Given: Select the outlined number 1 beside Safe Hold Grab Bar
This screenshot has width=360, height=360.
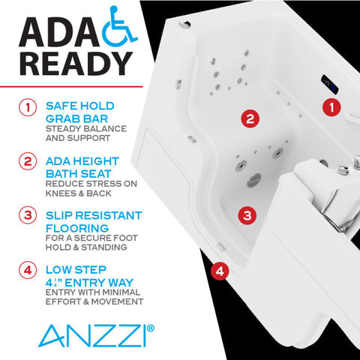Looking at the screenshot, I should pos(28,107).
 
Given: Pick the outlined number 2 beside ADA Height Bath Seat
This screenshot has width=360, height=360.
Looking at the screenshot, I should pos(28,161).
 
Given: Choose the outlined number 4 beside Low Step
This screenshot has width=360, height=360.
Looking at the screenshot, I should pos(28,269).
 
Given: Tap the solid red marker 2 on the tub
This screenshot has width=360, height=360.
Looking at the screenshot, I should pos(250,118).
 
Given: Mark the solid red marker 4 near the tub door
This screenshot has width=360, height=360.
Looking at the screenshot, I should pos(218,270).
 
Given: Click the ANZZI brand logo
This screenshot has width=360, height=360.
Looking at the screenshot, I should pos(88,332).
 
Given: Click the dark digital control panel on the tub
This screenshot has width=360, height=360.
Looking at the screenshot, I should pos(329,82).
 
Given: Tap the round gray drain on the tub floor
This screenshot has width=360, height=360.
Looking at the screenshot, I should pos(254,178).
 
